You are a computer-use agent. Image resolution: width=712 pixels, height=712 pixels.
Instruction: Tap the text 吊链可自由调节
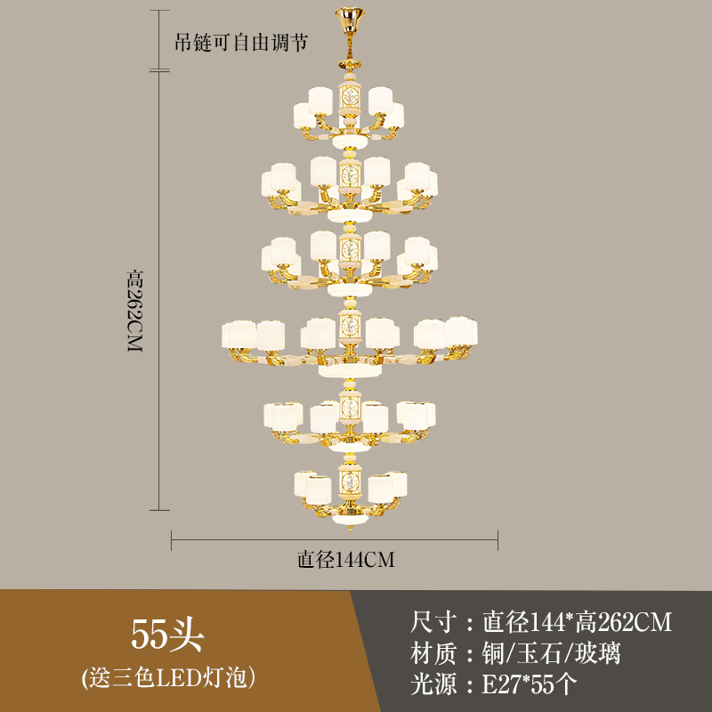(x=240, y=41)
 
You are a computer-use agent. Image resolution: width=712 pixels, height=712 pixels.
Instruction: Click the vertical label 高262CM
(x=134, y=311)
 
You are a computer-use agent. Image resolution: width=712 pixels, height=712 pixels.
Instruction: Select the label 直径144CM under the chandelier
(x=345, y=560)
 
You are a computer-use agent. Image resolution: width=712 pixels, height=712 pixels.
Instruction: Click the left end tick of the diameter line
(x=172, y=539)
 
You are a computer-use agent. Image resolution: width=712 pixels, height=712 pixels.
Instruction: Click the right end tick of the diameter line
(x=498, y=539)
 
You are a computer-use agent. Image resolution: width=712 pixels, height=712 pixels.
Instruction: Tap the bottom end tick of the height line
(x=159, y=510)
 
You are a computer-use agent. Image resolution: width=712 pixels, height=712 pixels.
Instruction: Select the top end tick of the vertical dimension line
(x=159, y=12)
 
